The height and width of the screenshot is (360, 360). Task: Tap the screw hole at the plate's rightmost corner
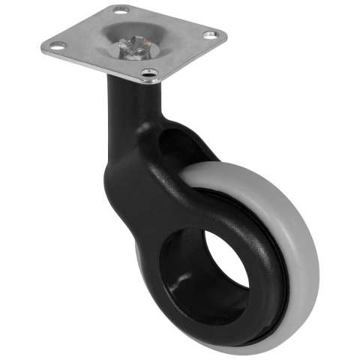click(212, 34)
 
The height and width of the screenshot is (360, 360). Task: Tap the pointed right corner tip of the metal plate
click(223, 35)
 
